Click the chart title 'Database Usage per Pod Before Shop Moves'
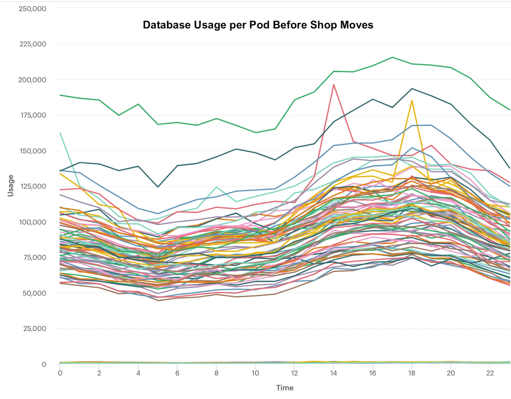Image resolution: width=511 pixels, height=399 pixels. tap(258, 25)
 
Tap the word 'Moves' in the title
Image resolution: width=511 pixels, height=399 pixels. tap(356, 25)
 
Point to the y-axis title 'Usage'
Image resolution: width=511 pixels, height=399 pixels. tap(11, 186)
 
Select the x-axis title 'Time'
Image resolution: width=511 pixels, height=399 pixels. tap(285, 388)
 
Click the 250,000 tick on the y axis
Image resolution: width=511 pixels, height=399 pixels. tap(32, 9)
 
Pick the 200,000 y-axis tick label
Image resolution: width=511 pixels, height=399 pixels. tap(32, 80)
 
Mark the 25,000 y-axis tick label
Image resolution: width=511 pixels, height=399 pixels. tap(34, 328)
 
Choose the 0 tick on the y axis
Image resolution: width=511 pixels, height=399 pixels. tap(44, 364)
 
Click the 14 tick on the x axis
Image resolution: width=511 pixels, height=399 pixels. tap(333, 373)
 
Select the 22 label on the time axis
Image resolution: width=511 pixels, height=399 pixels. tap(490, 373)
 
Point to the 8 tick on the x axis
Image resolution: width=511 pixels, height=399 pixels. tap(216, 373)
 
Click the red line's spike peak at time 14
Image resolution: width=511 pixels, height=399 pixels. tap(333, 85)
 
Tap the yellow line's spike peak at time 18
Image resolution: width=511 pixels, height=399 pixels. tap(412, 101)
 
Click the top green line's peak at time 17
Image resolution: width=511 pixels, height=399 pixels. tap(392, 58)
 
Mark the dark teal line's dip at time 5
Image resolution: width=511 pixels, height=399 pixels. tap(158, 187)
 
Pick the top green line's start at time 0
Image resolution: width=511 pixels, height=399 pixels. tap(60, 95)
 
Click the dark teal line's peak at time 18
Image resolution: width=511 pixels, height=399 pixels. tap(412, 89)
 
